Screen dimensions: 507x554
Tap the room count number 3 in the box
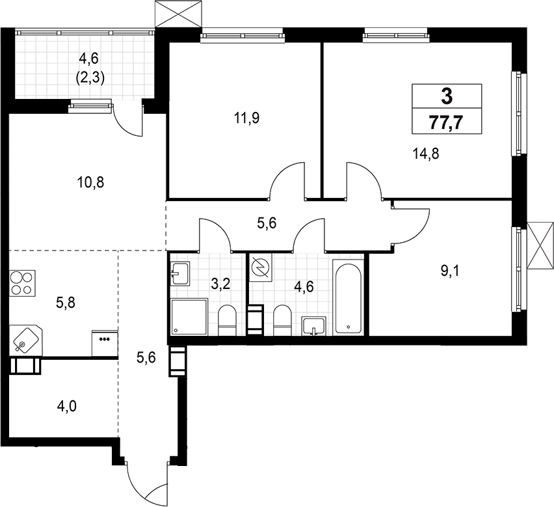tap(447, 97)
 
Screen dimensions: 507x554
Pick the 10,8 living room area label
tap(90, 182)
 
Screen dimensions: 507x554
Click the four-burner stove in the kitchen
tap(23, 284)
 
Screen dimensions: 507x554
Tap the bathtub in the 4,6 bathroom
tap(349, 297)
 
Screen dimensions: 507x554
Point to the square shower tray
tap(189, 317)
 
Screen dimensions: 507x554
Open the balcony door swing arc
tap(127, 121)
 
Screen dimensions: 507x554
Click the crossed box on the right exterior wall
tap(540, 246)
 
